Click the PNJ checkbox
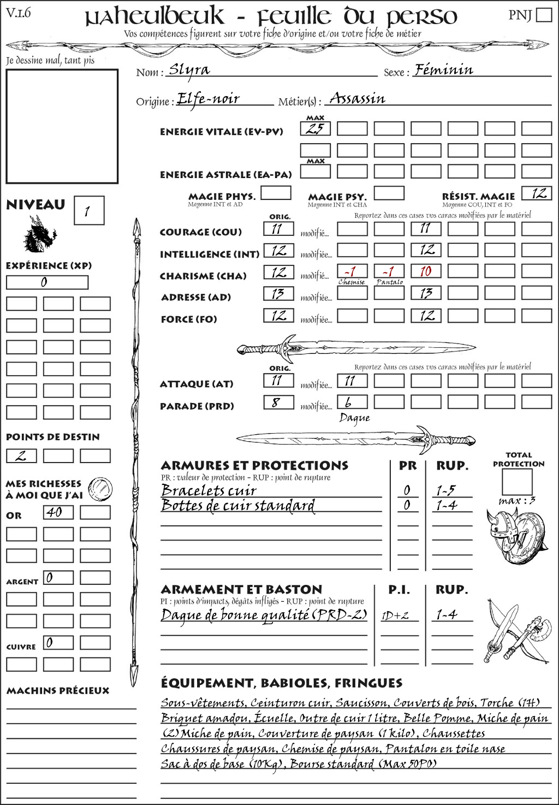coord(544,14)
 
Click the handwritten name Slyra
coord(189,70)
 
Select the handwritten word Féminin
coord(443,70)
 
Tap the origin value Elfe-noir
coord(209,99)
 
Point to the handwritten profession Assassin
coord(358,99)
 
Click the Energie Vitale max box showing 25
coord(316,129)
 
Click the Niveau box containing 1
coord(88,211)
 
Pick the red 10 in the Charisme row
coord(426,271)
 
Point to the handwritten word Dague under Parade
coord(354,418)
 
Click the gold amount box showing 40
coord(58,512)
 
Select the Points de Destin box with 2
coord(21,455)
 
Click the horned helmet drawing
coord(498,529)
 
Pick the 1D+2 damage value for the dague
coord(395,615)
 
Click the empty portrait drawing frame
coord(62,126)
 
